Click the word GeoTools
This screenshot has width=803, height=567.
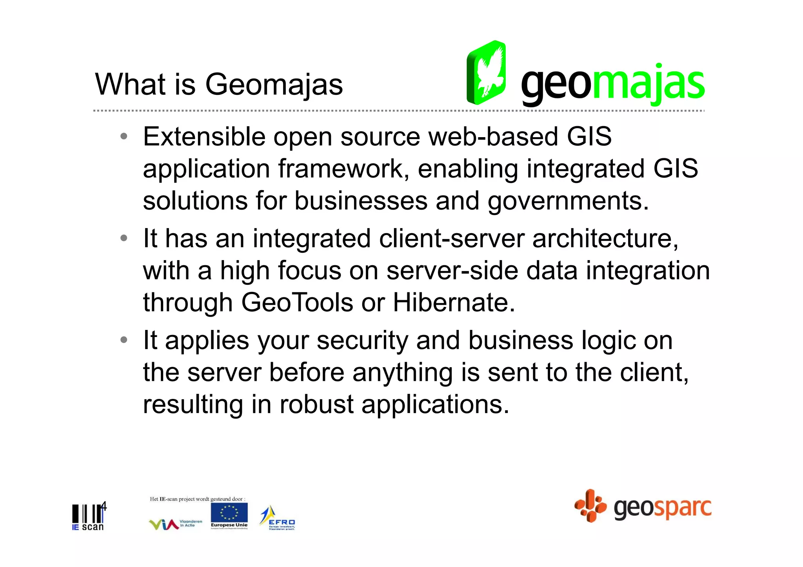point(297,303)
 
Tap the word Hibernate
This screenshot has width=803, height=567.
point(454,303)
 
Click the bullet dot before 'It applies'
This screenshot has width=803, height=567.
point(124,340)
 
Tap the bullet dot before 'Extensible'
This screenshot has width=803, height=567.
point(124,137)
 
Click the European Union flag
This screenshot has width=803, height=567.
point(229,513)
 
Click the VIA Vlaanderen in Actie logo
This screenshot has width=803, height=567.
point(175,524)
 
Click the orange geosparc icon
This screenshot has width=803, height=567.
point(590,506)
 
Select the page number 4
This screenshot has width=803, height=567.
point(104,506)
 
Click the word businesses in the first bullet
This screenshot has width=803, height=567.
point(361,201)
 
